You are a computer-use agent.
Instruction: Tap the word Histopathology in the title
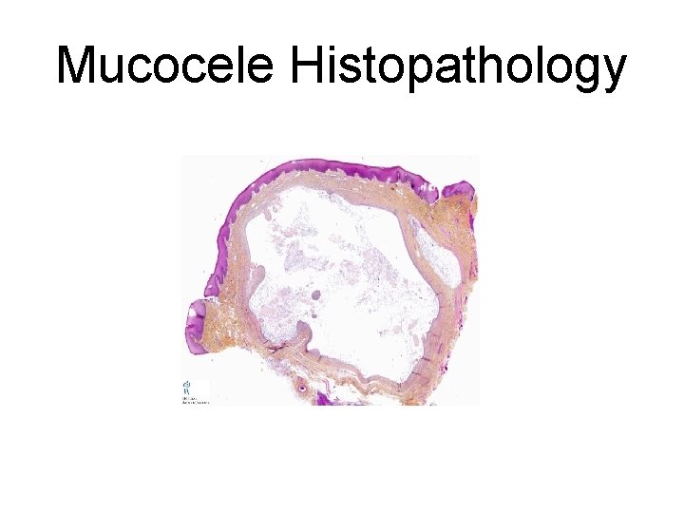click(x=459, y=67)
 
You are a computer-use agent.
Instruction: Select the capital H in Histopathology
click(x=310, y=67)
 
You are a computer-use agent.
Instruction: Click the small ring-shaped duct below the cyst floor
click(x=303, y=388)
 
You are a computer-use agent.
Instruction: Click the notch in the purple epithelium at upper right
click(x=440, y=194)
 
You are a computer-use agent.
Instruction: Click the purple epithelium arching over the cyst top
click(x=313, y=172)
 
